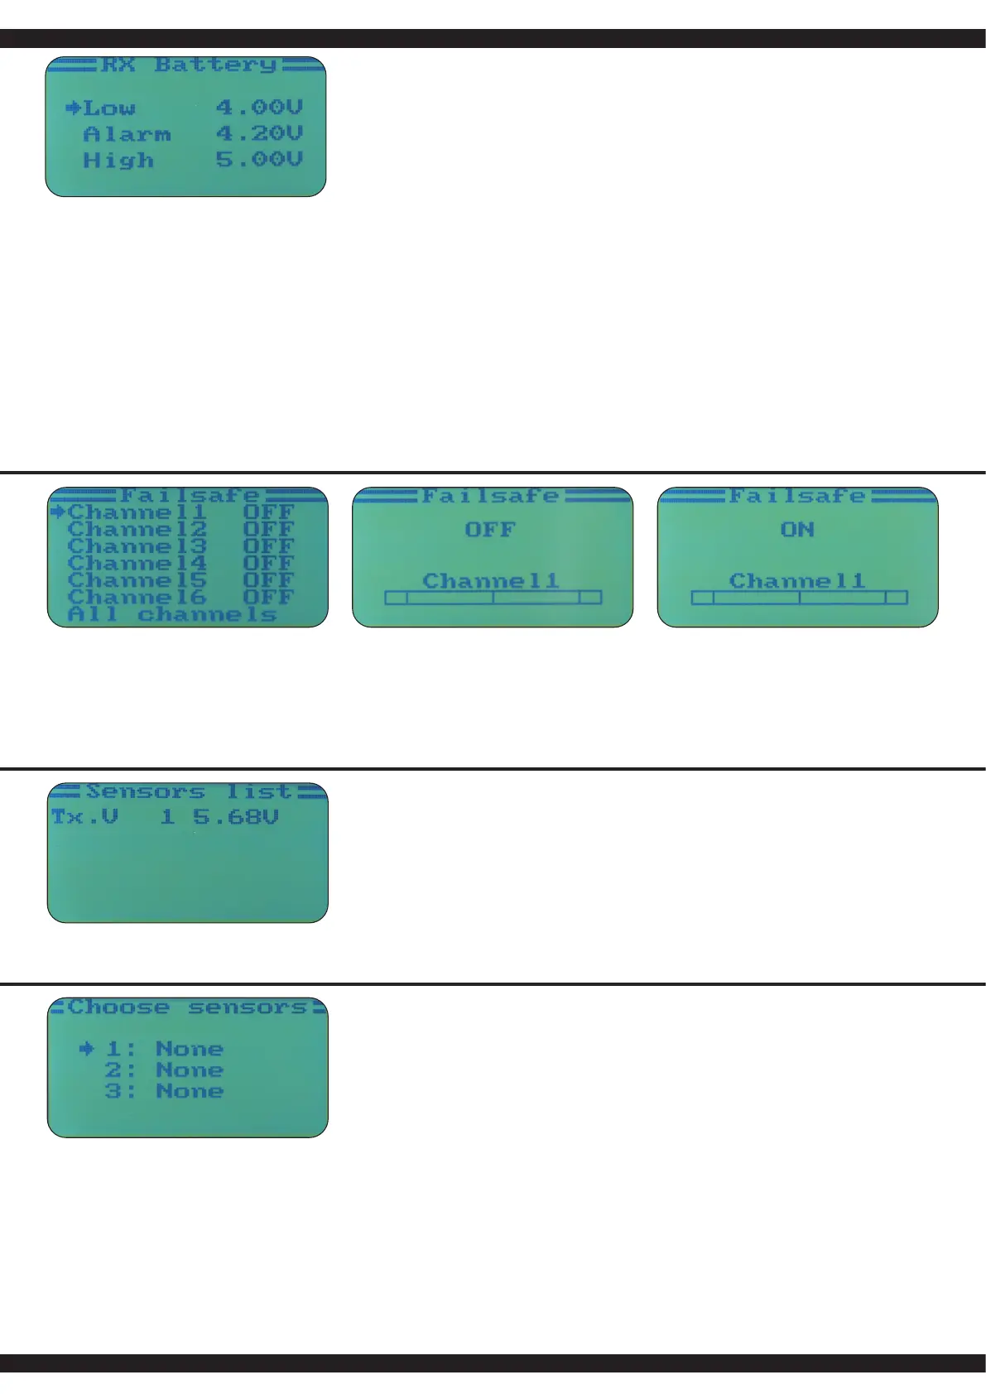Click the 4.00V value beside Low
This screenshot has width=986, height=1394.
point(259,108)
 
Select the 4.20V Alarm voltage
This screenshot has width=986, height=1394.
point(259,133)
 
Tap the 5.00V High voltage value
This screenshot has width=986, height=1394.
point(259,160)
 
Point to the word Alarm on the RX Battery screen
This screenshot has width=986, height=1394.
point(127,134)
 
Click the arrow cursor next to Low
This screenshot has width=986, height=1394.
point(73,108)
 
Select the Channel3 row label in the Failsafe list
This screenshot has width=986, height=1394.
point(137,546)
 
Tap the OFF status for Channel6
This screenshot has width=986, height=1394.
point(268,597)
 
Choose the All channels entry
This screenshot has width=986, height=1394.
point(172,614)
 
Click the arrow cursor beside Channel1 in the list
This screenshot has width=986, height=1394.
point(58,512)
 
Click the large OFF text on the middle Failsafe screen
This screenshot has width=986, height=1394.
point(490,530)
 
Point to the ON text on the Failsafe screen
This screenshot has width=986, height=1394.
point(797,530)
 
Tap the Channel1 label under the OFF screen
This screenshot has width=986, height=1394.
point(491,581)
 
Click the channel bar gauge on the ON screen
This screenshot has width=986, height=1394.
point(799,598)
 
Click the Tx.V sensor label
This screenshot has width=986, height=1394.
point(84,817)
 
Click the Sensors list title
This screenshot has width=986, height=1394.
point(189,792)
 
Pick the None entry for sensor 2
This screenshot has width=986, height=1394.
point(190,1070)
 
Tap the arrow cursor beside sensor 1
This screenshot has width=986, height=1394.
point(87,1049)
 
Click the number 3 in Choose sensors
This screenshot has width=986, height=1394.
point(113,1091)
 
